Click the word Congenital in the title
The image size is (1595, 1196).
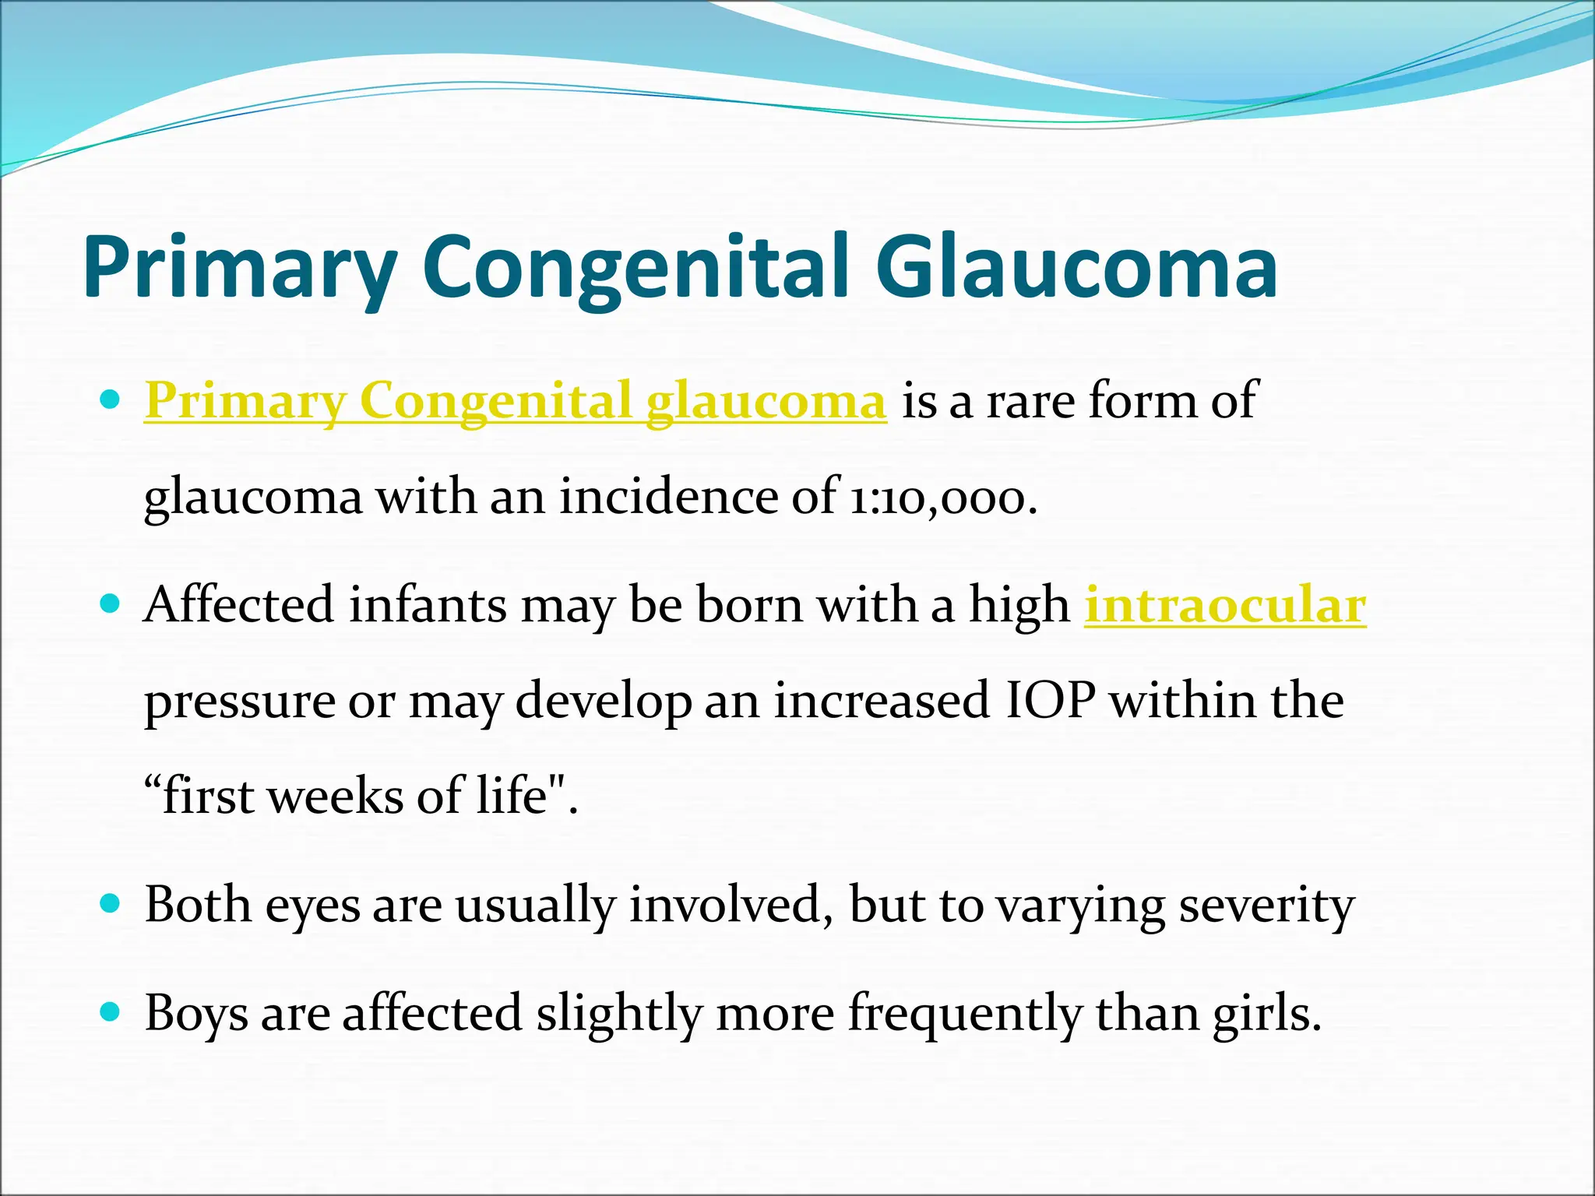click(x=636, y=267)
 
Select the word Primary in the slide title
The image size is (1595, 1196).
click(x=241, y=267)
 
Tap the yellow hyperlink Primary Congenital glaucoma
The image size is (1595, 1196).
click(x=515, y=402)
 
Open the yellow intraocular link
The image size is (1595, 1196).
click(x=1225, y=606)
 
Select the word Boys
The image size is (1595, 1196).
click(x=196, y=1015)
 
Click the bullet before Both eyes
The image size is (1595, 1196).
click(x=111, y=904)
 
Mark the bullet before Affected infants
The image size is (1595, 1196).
click(x=111, y=603)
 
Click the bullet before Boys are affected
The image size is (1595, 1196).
click(x=111, y=1012)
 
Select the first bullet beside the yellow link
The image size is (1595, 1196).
click(x=111, y=400)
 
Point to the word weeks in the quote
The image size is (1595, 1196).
click(x=336, y=797)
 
